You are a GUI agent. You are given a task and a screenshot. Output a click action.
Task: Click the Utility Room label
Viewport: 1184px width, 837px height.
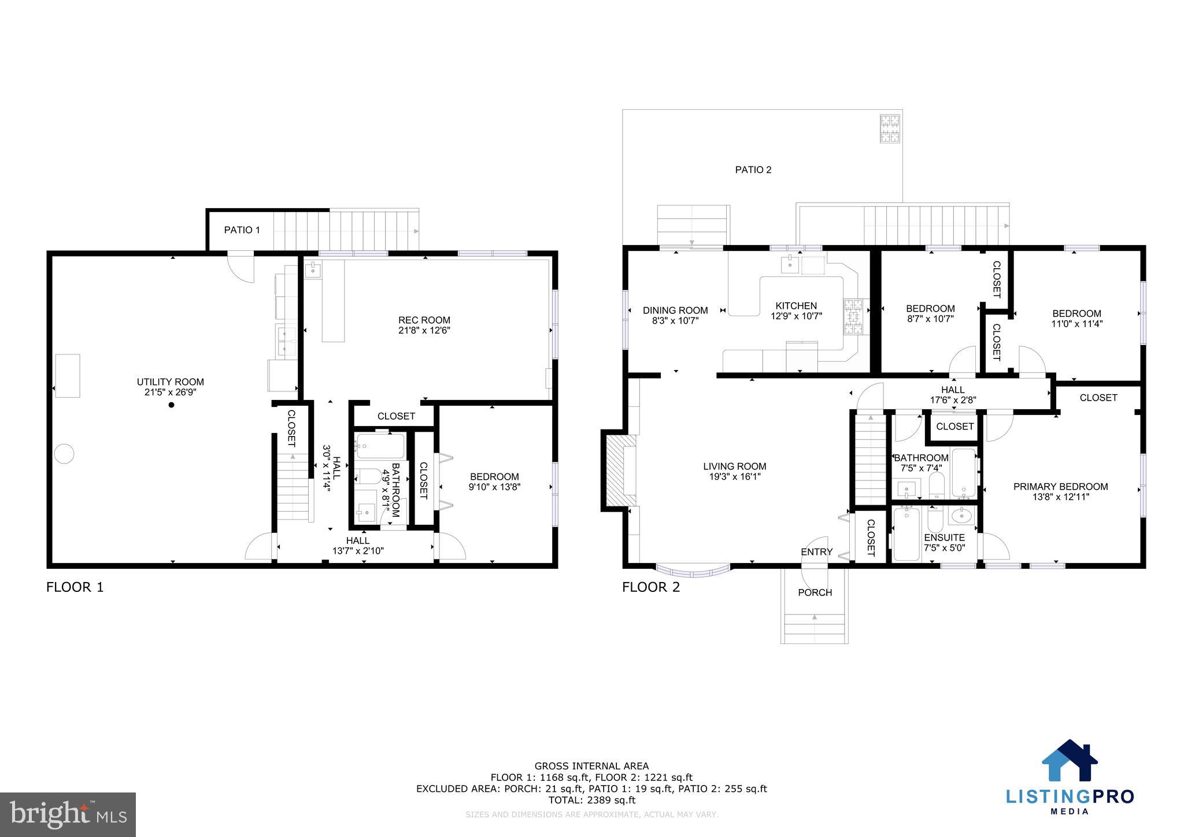pyautogui.click(x=170, y=382)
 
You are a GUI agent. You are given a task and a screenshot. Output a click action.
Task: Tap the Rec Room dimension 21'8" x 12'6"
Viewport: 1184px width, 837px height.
pyautogui.click(x=424, y=331)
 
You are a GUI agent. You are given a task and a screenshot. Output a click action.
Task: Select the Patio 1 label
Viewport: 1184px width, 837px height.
pyautogui.click(x=242, y=230)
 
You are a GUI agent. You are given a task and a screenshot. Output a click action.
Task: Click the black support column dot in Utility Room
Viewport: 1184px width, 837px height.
pyautogui.click(x=171, y=405)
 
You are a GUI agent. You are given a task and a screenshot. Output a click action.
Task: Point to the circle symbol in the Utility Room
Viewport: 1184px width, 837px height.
pyautogui.click(x=64, y=454)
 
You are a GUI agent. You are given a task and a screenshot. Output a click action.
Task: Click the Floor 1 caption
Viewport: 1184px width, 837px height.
pyautogui.click(x=75, y=587)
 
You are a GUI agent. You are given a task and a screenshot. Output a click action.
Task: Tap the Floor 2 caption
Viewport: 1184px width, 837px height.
pyautogui.click(x=651, y=587)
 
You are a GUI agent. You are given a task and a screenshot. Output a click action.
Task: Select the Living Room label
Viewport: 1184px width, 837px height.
pyautogui.click(x=734, y=466)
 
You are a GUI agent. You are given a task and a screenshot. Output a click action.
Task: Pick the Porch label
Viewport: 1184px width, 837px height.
pyautogui.click(x=815, y=592)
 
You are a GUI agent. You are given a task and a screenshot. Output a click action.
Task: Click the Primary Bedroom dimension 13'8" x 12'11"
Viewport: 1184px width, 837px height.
pyautogui.click(x=1060, y=497)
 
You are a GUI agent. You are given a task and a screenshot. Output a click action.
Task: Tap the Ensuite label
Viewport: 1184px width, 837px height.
pyautogui.click(x=944, y=538)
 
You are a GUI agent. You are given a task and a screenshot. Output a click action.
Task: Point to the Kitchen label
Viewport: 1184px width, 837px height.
pyautogui.click(x=796, y=306)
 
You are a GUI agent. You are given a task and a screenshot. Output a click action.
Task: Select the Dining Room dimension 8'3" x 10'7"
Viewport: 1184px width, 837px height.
pyautogui.click(x=675, y=321)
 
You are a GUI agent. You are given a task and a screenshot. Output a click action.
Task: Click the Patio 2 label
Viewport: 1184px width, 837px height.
pyautogui.click(x=753, y=170)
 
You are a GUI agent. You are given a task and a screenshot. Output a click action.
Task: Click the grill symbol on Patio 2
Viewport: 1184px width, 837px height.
pyautogui.click(x=890, y=128)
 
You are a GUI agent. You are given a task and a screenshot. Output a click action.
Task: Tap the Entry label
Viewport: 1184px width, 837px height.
pyautogui.click(x=816, y=552)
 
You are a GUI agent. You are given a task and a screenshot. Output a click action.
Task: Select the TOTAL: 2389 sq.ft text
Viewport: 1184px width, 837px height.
pyautogui.click(x=591, y=800)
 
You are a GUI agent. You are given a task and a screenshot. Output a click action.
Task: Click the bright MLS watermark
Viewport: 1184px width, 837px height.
pyautogui.click(x=68, y=814)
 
